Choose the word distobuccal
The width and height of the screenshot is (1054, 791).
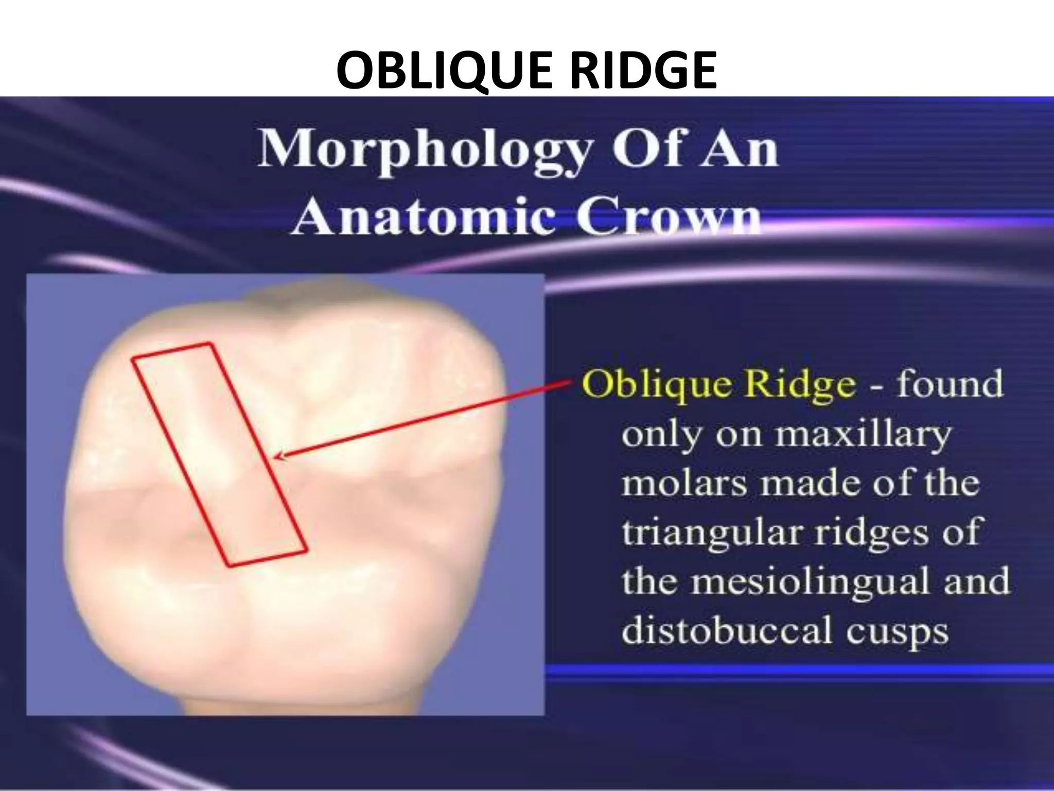point(726,630)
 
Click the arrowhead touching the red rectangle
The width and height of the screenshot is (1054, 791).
point(278,456)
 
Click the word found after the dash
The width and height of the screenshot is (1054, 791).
point(950,385)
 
